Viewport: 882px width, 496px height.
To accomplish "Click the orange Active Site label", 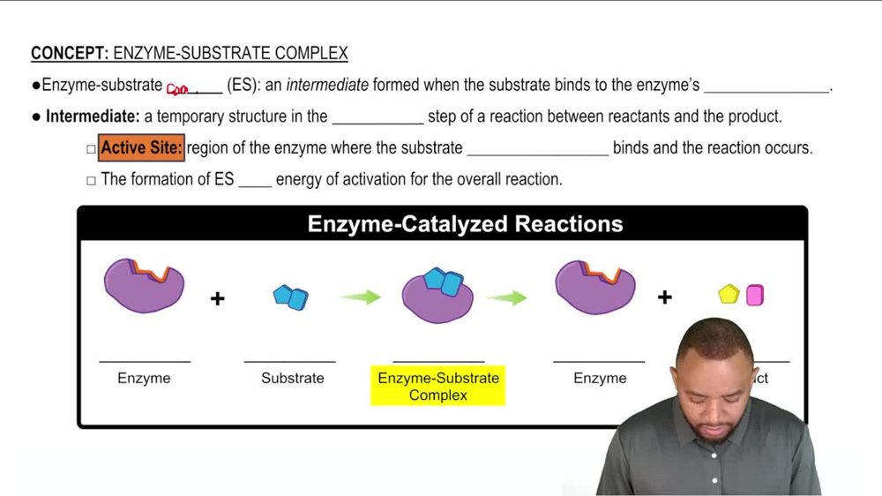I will coord(141,148).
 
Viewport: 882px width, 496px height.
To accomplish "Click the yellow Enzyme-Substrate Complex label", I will coord(437,387).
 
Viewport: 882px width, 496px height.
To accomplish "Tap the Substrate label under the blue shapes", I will coord(292,378).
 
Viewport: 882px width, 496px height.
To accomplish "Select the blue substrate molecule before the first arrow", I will coord(291,297).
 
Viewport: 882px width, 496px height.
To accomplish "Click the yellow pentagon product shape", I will coord(729,295).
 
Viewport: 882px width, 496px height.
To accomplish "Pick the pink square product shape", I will coord(755,295).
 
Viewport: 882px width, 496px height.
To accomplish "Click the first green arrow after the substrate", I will coord(360,297).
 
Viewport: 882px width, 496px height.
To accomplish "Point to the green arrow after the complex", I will coord(506,297).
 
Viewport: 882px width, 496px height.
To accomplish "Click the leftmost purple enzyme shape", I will coord(144,286).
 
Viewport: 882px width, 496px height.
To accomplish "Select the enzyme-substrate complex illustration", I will coord(437,295).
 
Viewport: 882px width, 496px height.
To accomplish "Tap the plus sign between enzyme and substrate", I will coord(217,298).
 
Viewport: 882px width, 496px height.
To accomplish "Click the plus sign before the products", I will coord(664,297).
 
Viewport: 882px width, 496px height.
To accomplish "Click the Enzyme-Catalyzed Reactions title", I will coord(465,224).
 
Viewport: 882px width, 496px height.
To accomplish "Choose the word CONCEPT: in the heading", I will coord(70,54).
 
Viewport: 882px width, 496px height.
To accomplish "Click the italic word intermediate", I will coord(327,86).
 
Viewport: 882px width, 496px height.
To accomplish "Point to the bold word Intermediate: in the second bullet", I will coord(93,116).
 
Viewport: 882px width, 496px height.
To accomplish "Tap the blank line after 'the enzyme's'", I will coord(767,87).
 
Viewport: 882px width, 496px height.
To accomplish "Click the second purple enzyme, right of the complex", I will coord(594,286).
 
